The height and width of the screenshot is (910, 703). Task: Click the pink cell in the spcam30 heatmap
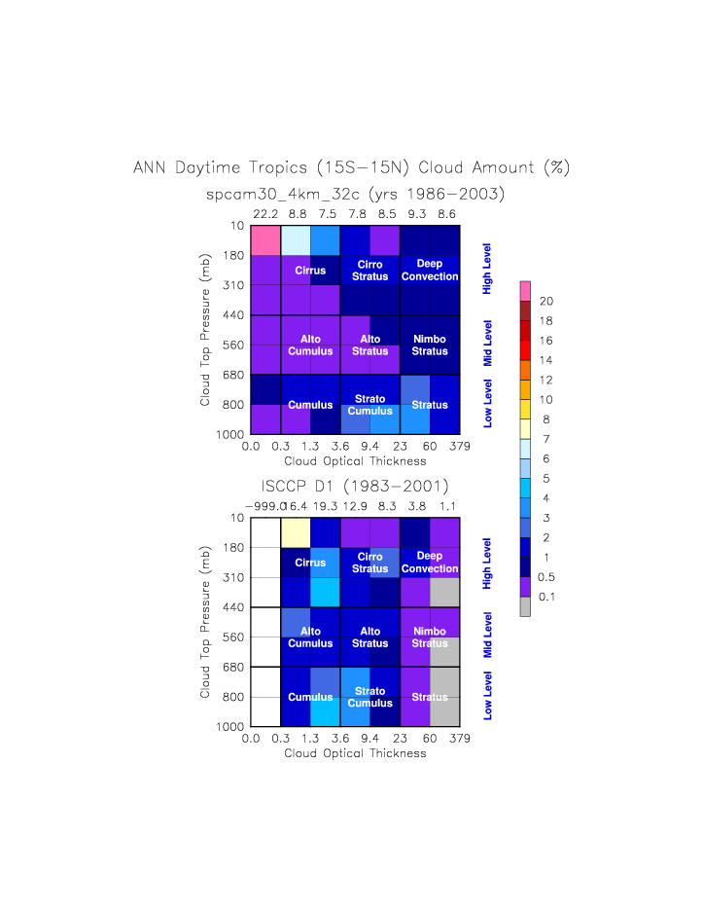265,240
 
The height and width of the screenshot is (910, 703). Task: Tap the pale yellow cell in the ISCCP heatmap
296,532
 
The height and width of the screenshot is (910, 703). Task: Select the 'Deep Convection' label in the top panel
429,271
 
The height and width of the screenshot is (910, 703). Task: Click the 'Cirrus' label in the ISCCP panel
310,563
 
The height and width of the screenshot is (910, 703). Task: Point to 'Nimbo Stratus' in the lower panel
429,637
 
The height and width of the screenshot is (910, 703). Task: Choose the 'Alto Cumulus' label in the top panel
310,345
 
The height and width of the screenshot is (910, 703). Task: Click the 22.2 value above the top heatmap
265,213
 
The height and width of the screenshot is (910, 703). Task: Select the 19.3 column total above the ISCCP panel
326,506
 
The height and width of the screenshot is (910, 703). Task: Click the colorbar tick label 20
546,301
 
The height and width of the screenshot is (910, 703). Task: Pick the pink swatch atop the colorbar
525,290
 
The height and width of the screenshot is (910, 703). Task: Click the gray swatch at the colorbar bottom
525,606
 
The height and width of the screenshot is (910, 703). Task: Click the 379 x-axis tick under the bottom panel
460,740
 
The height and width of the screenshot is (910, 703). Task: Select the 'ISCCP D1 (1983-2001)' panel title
355,486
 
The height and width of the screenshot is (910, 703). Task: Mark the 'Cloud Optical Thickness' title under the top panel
355,460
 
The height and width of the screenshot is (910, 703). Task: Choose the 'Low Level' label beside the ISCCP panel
488,697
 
